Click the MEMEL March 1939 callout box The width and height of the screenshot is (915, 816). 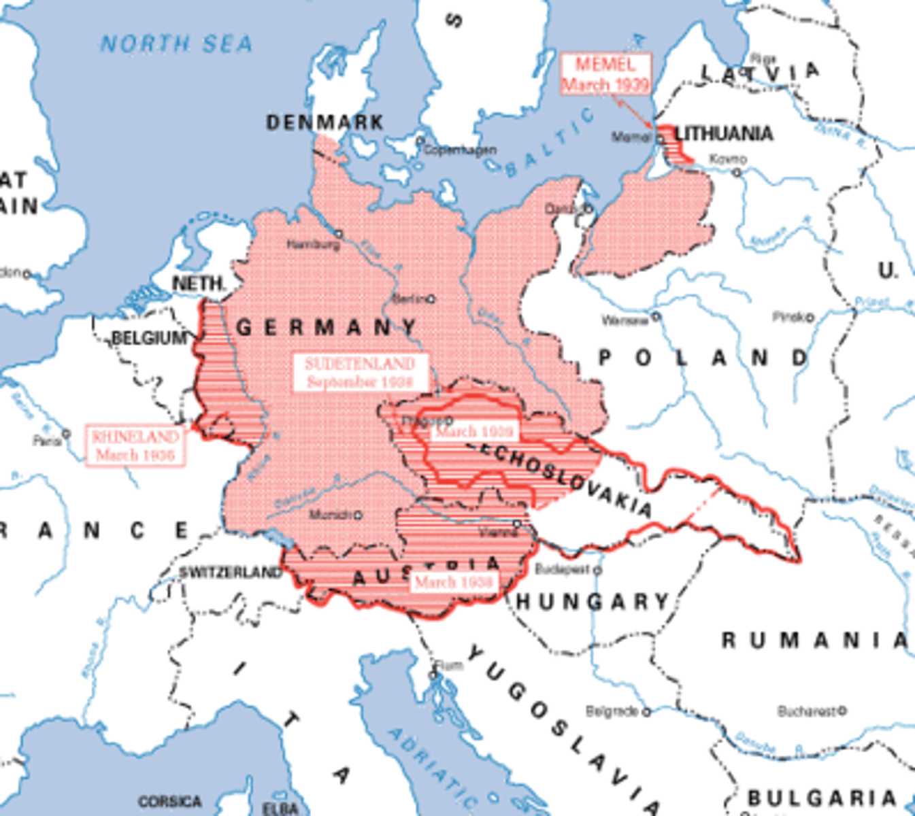(x=605, y=73)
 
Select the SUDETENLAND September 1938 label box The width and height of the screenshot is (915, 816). (x=361, y=372)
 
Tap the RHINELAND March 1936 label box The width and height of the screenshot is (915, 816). (x=135, y=445)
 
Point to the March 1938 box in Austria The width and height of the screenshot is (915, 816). (x=453, y=582)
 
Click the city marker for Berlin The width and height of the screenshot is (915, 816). (x=431, y=299)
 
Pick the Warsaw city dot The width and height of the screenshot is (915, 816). (x=656, y=317)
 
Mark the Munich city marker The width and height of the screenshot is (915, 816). (x=357, y=515)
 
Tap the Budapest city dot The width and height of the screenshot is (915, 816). (x=597, y=570)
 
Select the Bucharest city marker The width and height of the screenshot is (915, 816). (x=842, y=711)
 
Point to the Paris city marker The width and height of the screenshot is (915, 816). (x=66, y=433)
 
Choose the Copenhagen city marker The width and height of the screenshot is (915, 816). (x=420, y=141)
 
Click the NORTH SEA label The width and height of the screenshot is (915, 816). (x=176, y=44)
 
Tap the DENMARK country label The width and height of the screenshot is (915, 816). (x=325, y=122)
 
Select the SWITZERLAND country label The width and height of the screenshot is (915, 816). (x=230, y=573)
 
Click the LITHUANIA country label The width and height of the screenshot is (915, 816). (x=724, y=133)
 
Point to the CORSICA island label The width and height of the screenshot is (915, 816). (x=169, y=802)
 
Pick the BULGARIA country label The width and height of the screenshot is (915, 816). (x=822, y=798)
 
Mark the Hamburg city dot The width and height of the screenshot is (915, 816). (x=338, y=234)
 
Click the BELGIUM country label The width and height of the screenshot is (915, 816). (x=148, y=338)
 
